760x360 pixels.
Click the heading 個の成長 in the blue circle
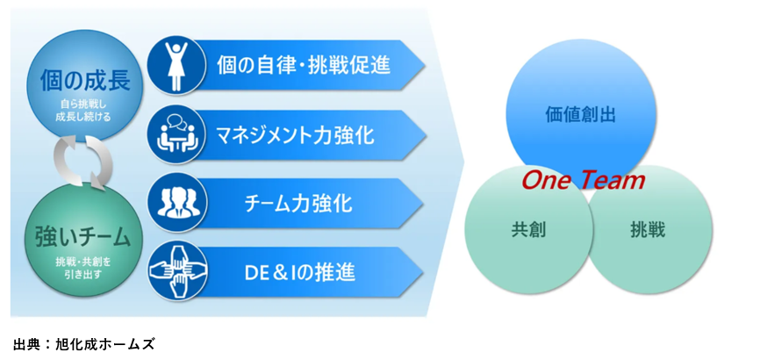click(85, 79)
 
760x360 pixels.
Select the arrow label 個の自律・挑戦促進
click(304, 64)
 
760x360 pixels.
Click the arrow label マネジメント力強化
click(295, 134)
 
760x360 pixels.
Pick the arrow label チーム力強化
click(298, 203)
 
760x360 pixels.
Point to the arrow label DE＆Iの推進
click(300, 272)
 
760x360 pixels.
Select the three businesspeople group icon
click(177, 203)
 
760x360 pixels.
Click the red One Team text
click(583, 180)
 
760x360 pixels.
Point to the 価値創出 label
click(580, 114)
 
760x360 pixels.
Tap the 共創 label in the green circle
click(528, 229)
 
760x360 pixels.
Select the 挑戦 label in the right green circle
click(648, 229)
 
